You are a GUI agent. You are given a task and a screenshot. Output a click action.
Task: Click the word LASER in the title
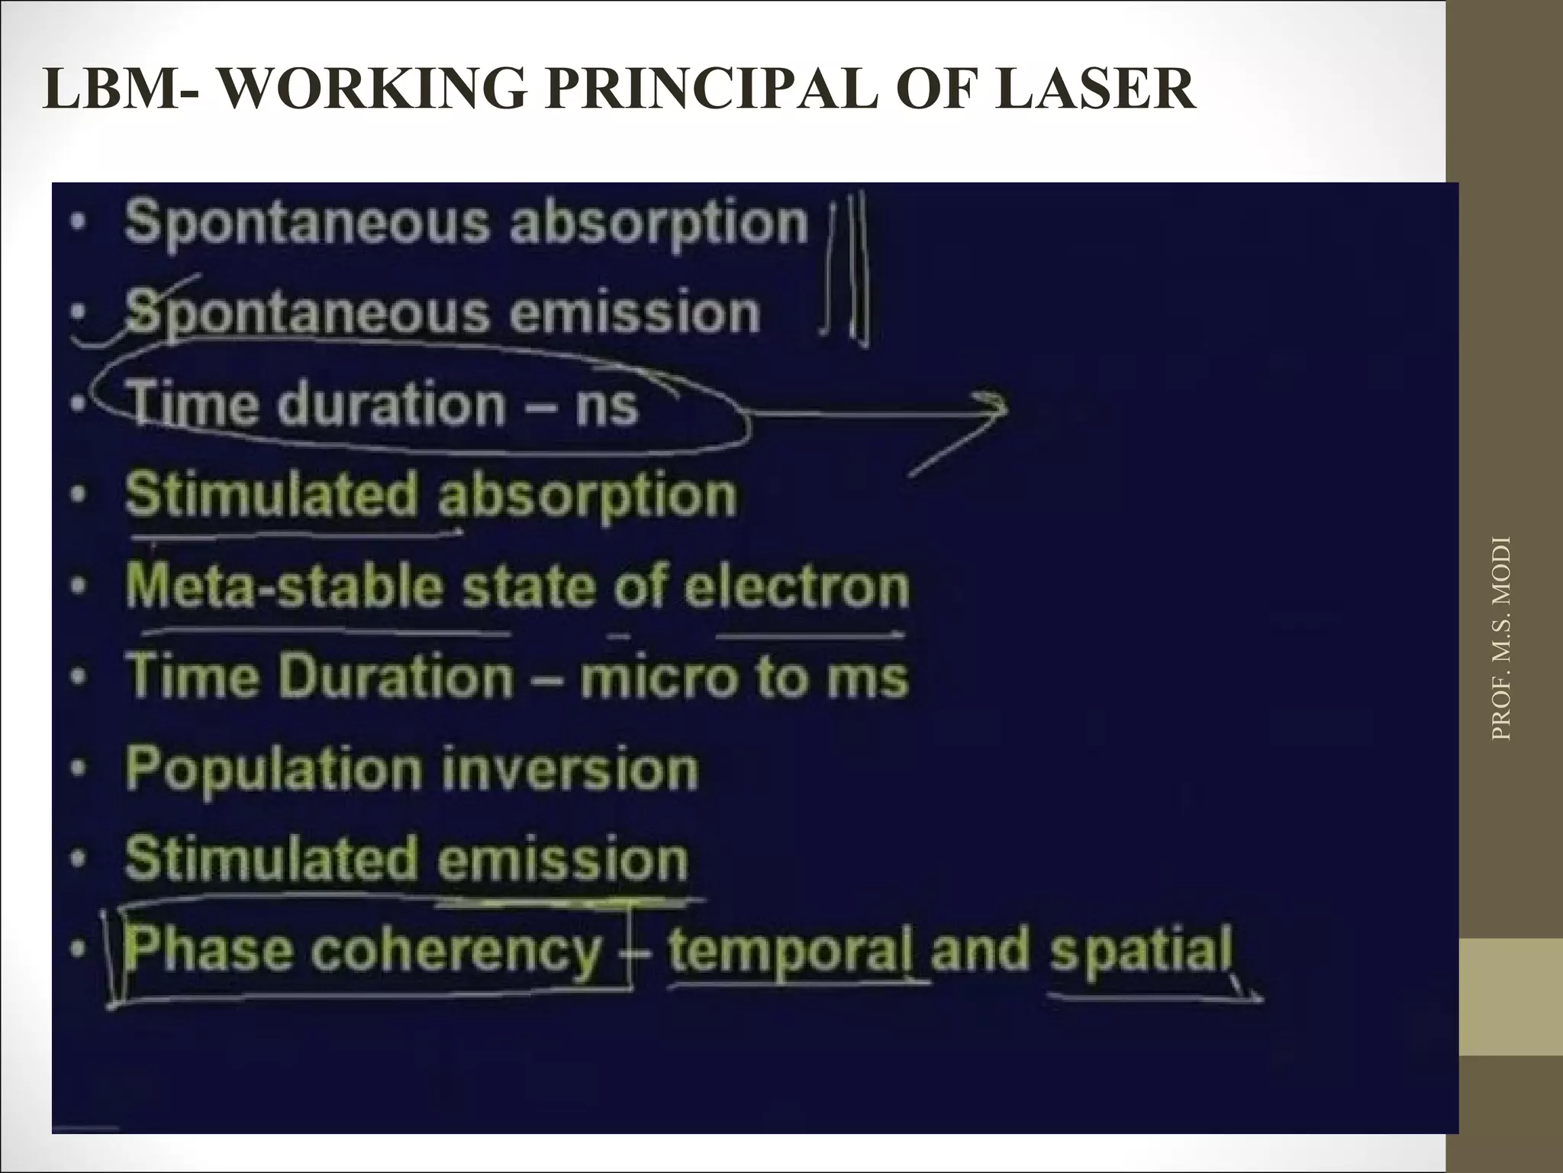(1095, 90)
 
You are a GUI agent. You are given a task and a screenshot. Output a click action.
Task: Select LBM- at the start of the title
(123, 90)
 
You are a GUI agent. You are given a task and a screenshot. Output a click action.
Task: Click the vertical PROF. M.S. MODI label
(1500, 638)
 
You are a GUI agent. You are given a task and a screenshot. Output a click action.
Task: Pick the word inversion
(570, 768)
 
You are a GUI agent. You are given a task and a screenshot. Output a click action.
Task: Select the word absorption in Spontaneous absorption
(659, 223)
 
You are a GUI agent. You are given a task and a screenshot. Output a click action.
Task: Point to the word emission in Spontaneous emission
(634, 313)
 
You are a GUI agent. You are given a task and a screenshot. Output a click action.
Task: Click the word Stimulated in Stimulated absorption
(272, 495)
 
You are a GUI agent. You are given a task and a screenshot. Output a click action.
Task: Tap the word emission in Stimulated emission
(563, 859)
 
